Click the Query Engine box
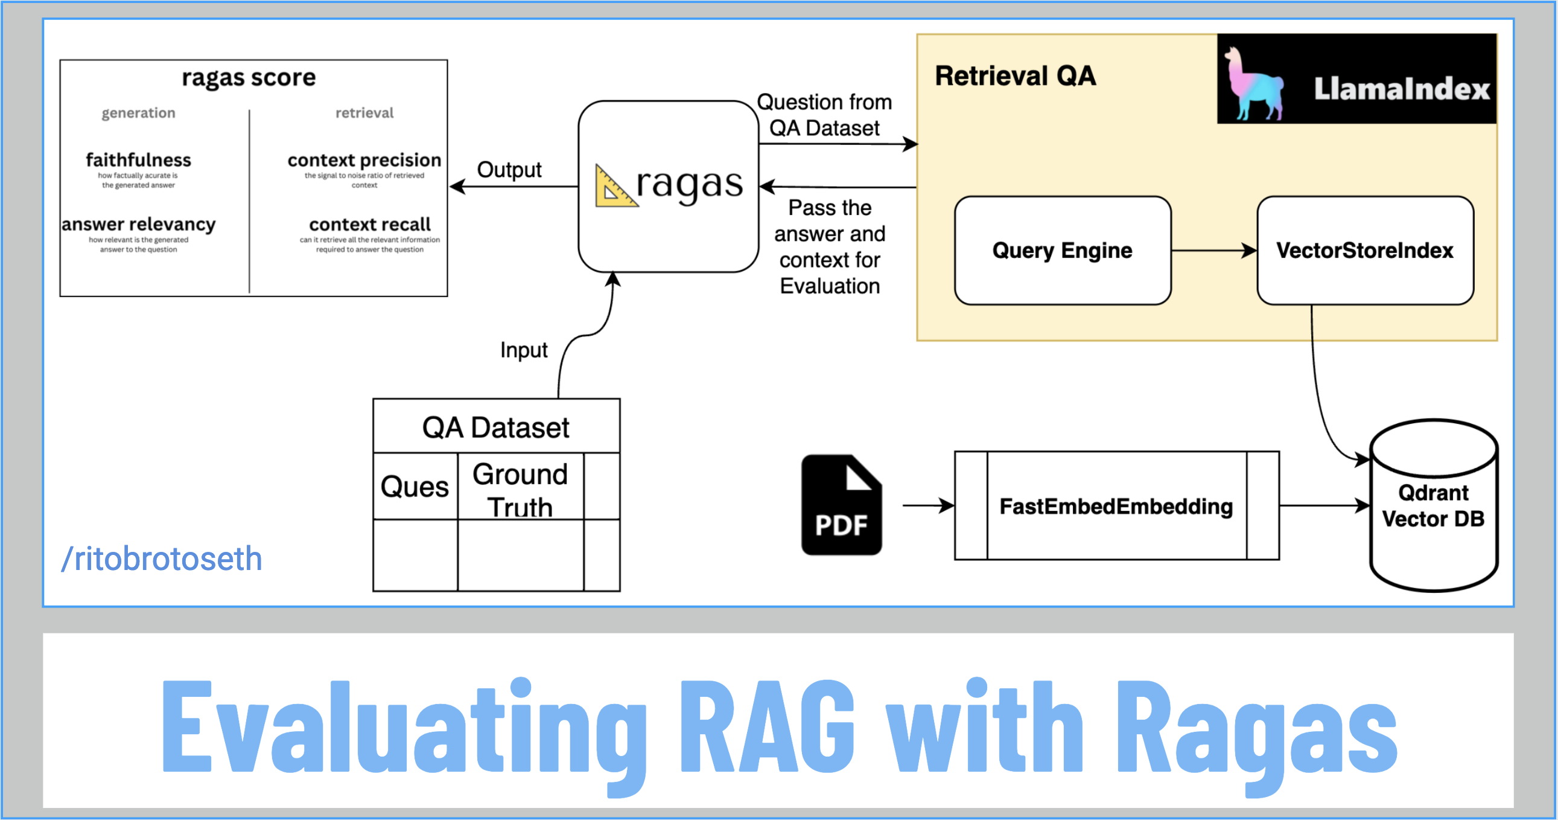pyautogui.click(x=1062, y=250)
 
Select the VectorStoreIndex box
pyautogui.click(x=1364, y=250)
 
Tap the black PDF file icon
pyautogui.click(x=841, y=505)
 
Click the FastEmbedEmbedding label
pyautogui.click(x=1116, y=506)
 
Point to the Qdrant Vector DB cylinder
pyautogui.click(x=1433, y=506)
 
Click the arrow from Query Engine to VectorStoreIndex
pyautogui.click(x=1213, y=250)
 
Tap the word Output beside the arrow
pyautogui.click(x=509, y=170)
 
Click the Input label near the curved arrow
pyautogui.click(x=524, y=350)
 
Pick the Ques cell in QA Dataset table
pyautogui.click(x=415, y=487)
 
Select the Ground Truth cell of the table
pyautogui.click(x=520, y=489)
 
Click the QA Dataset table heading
pyautogui.click(x=496, y=428)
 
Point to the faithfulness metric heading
pyautogui.click(x=139, y=160)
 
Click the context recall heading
pyautogui.click(x=369, y=224)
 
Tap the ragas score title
pyautogui.click(x=249, y=77)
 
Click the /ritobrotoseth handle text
pyautogui.click(x=162, y=558)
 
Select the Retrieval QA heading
pyautogui.click(x=1015, y=76)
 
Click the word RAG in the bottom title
pyautogui.click(x=767, y=726)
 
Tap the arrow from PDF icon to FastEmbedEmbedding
pyautogui.click(x=928, y=505)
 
